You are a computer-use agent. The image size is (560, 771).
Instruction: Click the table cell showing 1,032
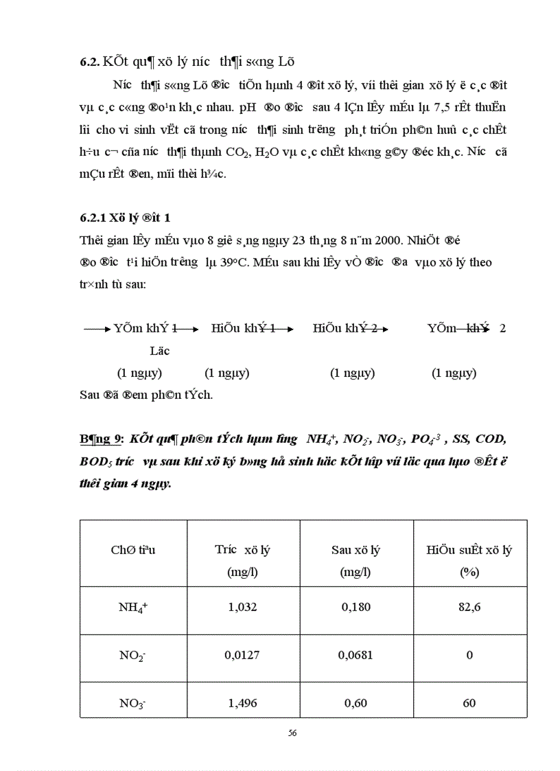coord(242,607)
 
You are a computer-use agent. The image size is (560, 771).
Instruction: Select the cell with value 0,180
coord(355,607)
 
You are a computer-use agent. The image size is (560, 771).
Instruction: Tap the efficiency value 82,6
coord(469,607)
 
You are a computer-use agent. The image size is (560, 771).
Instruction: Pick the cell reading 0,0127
coord(242,655)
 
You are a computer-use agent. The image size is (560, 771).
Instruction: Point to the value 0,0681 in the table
coord(355,655)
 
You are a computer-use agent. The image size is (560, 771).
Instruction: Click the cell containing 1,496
coord(242,703)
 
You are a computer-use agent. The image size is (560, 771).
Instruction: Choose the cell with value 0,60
coord(355,703)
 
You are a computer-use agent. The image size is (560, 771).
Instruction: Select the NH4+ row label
coord(133,608)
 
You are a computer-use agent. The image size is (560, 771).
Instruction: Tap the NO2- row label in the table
coord(132,656)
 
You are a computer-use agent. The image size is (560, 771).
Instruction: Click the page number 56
coord(292,733)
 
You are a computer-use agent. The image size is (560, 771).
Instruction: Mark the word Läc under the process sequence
coord(159,351)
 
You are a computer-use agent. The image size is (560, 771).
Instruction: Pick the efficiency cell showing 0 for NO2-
coord(469,655)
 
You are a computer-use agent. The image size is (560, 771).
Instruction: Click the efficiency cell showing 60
coord(469,703)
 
